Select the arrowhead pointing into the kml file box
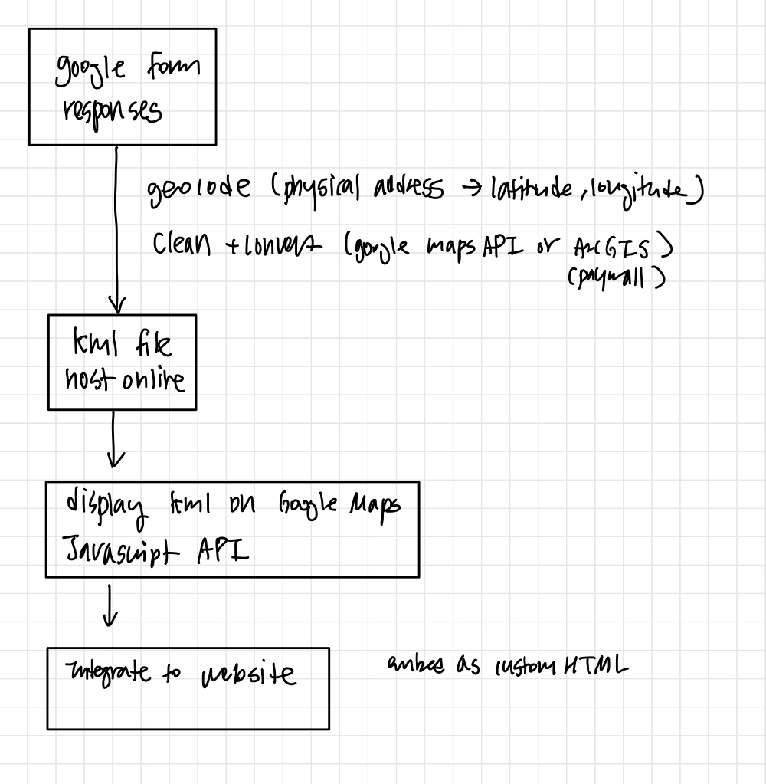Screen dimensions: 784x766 point(116,305)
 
